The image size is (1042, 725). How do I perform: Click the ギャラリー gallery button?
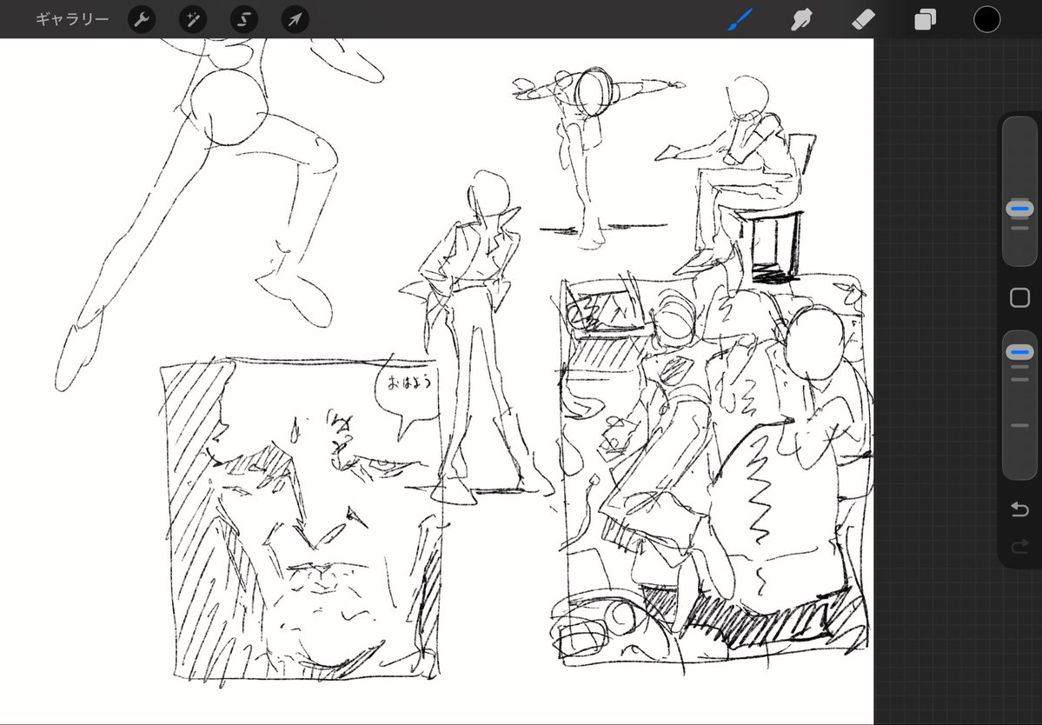(x=72, y=19)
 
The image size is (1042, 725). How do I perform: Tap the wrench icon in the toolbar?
(x=142, y=19)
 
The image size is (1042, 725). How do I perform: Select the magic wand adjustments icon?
(x=193, y=19)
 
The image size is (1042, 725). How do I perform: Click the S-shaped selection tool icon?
(x=244, y=19)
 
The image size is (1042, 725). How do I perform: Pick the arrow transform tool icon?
(x=295, y=19)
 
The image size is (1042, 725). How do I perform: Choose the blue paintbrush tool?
(x=740, y=19)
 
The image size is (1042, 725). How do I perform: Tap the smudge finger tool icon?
(x=801, y=19)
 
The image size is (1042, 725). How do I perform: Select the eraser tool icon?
(x=863, y=19)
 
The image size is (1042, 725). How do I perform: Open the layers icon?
(x=925, y=19)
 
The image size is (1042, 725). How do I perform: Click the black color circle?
(x=987, y=19)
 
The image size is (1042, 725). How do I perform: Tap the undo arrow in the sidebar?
(x=1019, y=509)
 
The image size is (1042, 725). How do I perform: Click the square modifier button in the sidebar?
(x=1019, y=297)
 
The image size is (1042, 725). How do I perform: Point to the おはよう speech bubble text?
(x=410, y=382)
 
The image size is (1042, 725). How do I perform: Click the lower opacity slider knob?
(x=1019, y=351)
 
